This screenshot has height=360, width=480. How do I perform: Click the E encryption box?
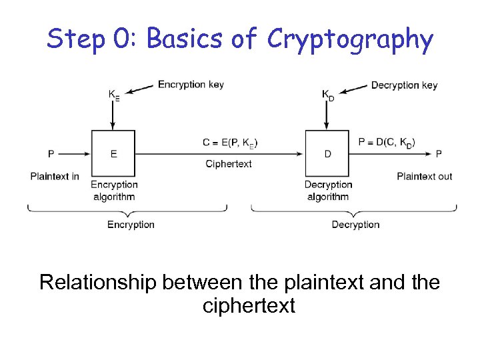(x=113, y=154)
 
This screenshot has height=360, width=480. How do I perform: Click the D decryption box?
(x=327, y=154)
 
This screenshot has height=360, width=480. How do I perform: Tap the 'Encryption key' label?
(x=191, y=85)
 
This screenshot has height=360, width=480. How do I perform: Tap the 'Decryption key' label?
(x=404, y=85)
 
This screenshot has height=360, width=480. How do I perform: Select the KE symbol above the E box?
(x=115, y=95)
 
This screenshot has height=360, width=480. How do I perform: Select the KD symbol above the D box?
(x=328, y=95)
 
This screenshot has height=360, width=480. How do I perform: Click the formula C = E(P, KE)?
(x=231, y=142)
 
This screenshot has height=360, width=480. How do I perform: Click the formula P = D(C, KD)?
(x=387, y=142)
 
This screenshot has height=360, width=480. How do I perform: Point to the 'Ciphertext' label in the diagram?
(x=229, y=164)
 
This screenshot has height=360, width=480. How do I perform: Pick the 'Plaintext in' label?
(x=55, y=176)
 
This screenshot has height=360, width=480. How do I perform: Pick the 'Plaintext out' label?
(x=425, y=176)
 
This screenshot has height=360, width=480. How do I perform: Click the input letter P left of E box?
(x=51, y=154)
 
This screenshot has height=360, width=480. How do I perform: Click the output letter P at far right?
(x=439, y=154)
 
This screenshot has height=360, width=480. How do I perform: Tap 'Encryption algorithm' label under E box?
(x=114, y=191)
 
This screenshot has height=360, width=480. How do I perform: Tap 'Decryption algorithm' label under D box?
(x=328, y=191)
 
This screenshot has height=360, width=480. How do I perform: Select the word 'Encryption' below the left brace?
(x=131, y=225)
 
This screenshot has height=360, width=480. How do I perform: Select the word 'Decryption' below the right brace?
(x=355, y=225)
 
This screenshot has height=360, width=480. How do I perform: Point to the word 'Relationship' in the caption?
(x=97, y=283)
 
